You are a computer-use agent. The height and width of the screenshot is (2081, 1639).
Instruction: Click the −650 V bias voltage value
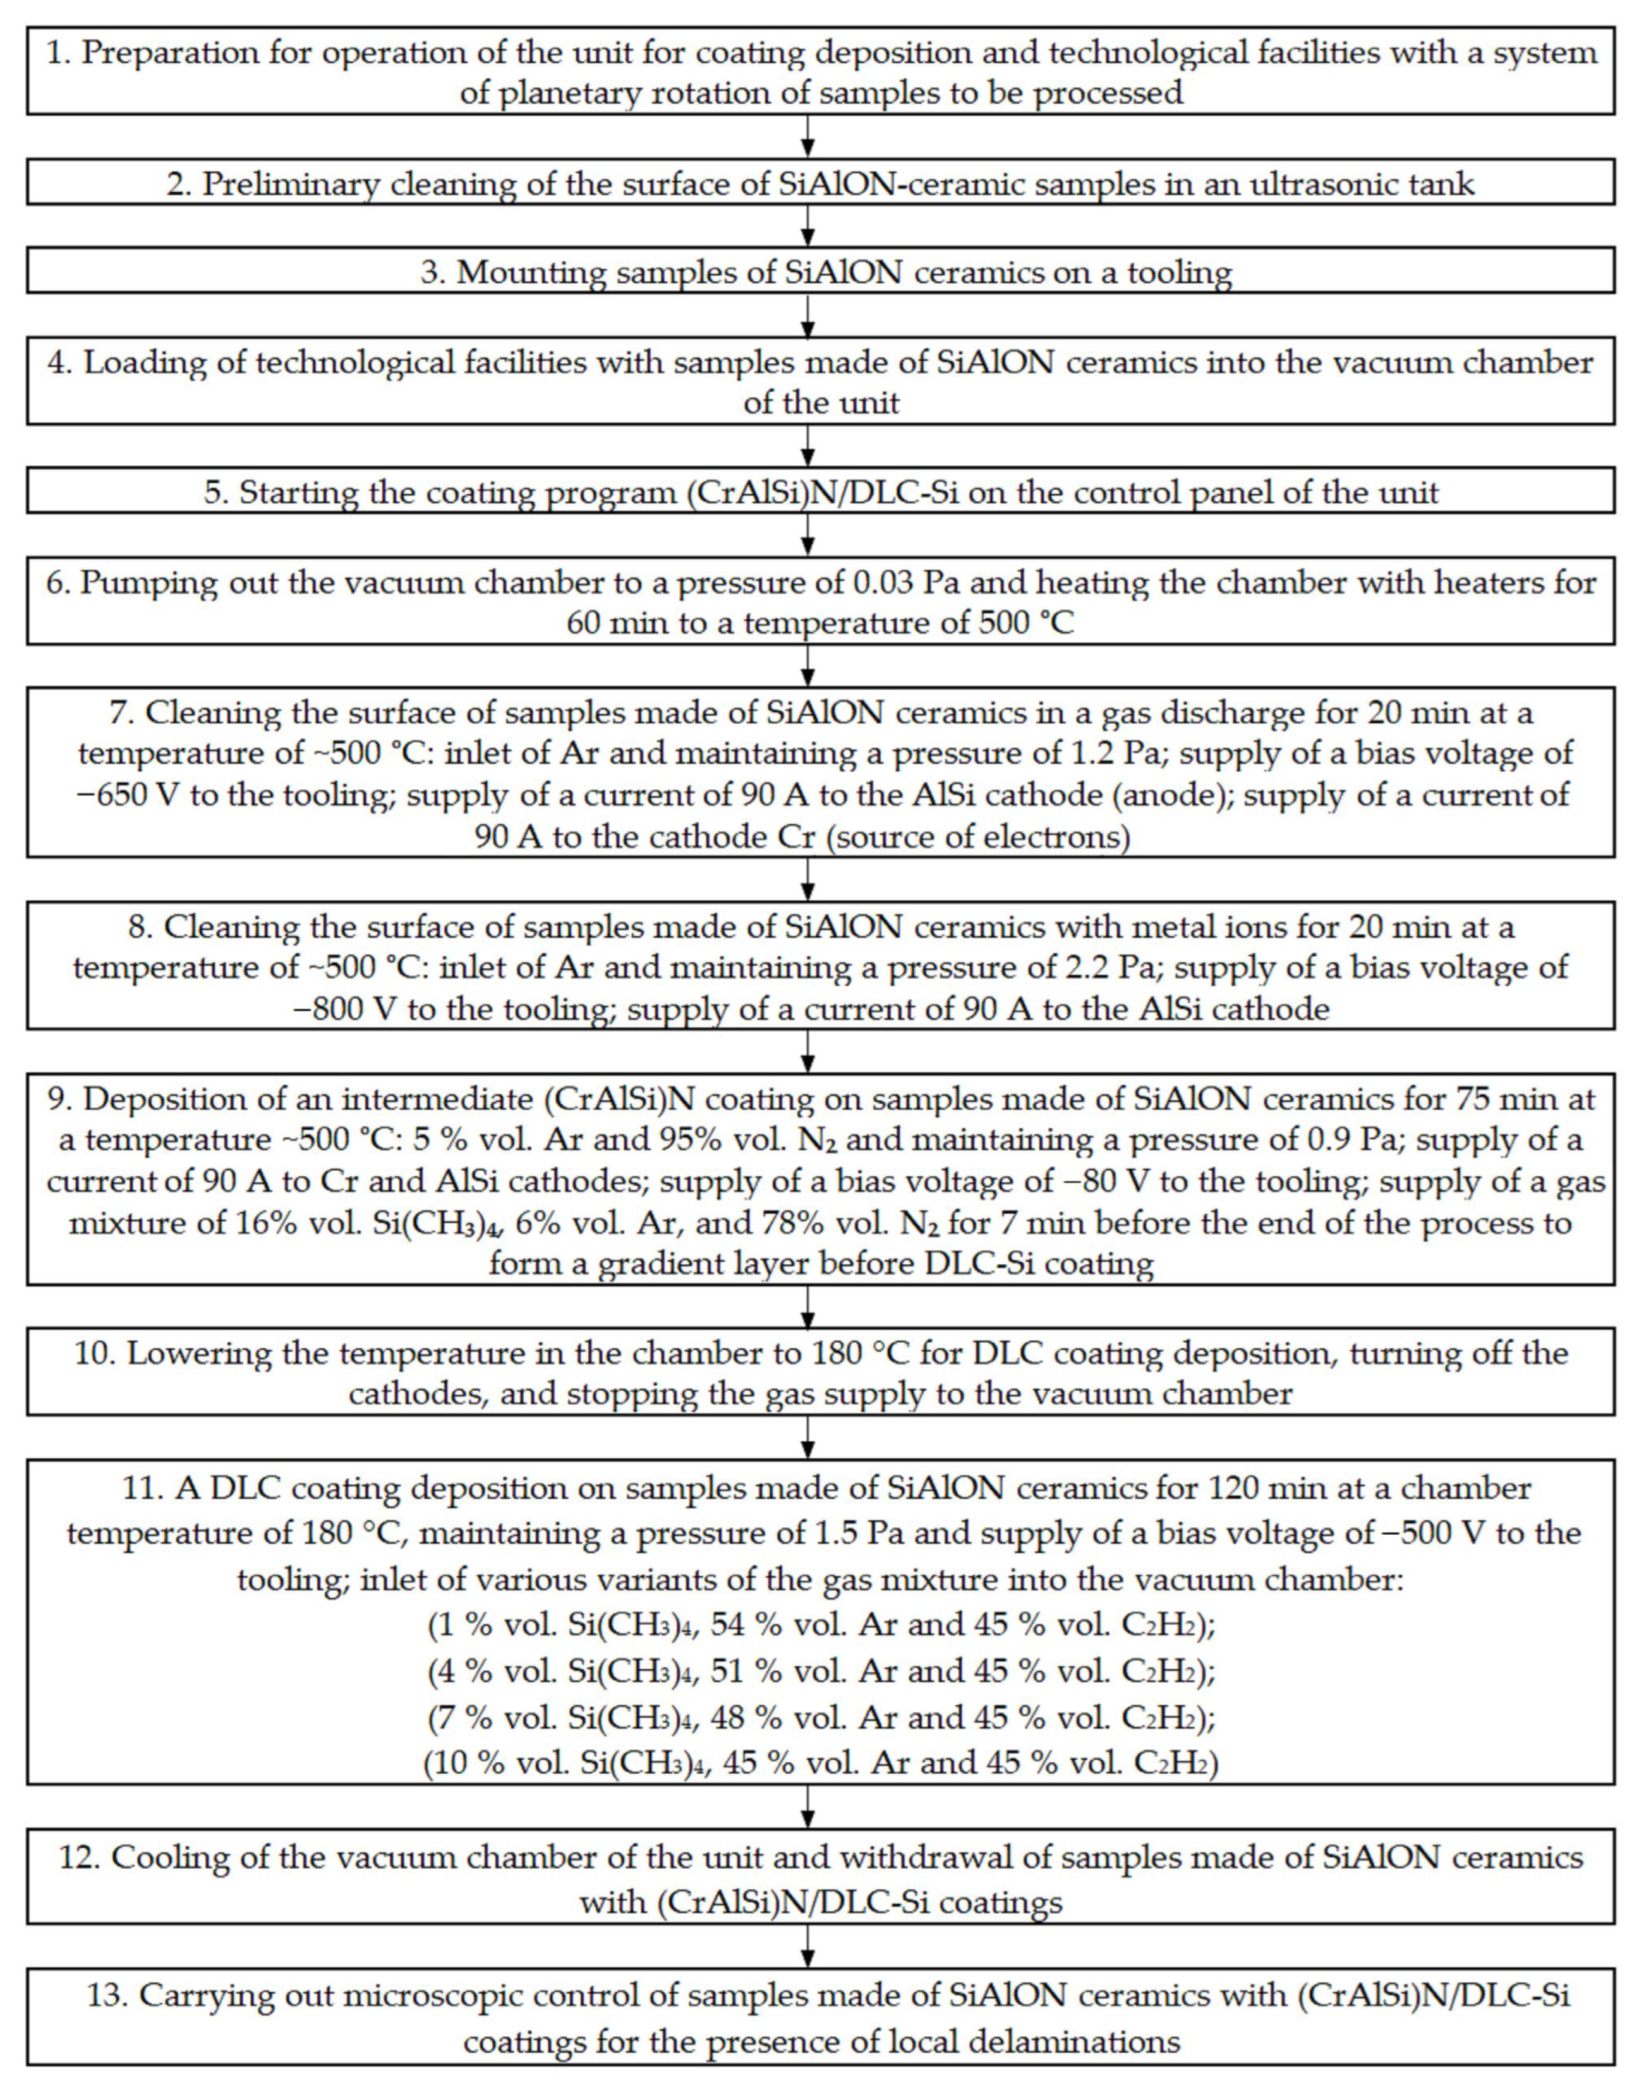(x=128, y=795)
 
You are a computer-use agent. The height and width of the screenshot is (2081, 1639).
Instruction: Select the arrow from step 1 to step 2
(x=808, y=137)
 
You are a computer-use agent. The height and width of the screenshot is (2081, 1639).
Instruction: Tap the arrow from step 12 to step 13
(x=808, y=1946)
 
